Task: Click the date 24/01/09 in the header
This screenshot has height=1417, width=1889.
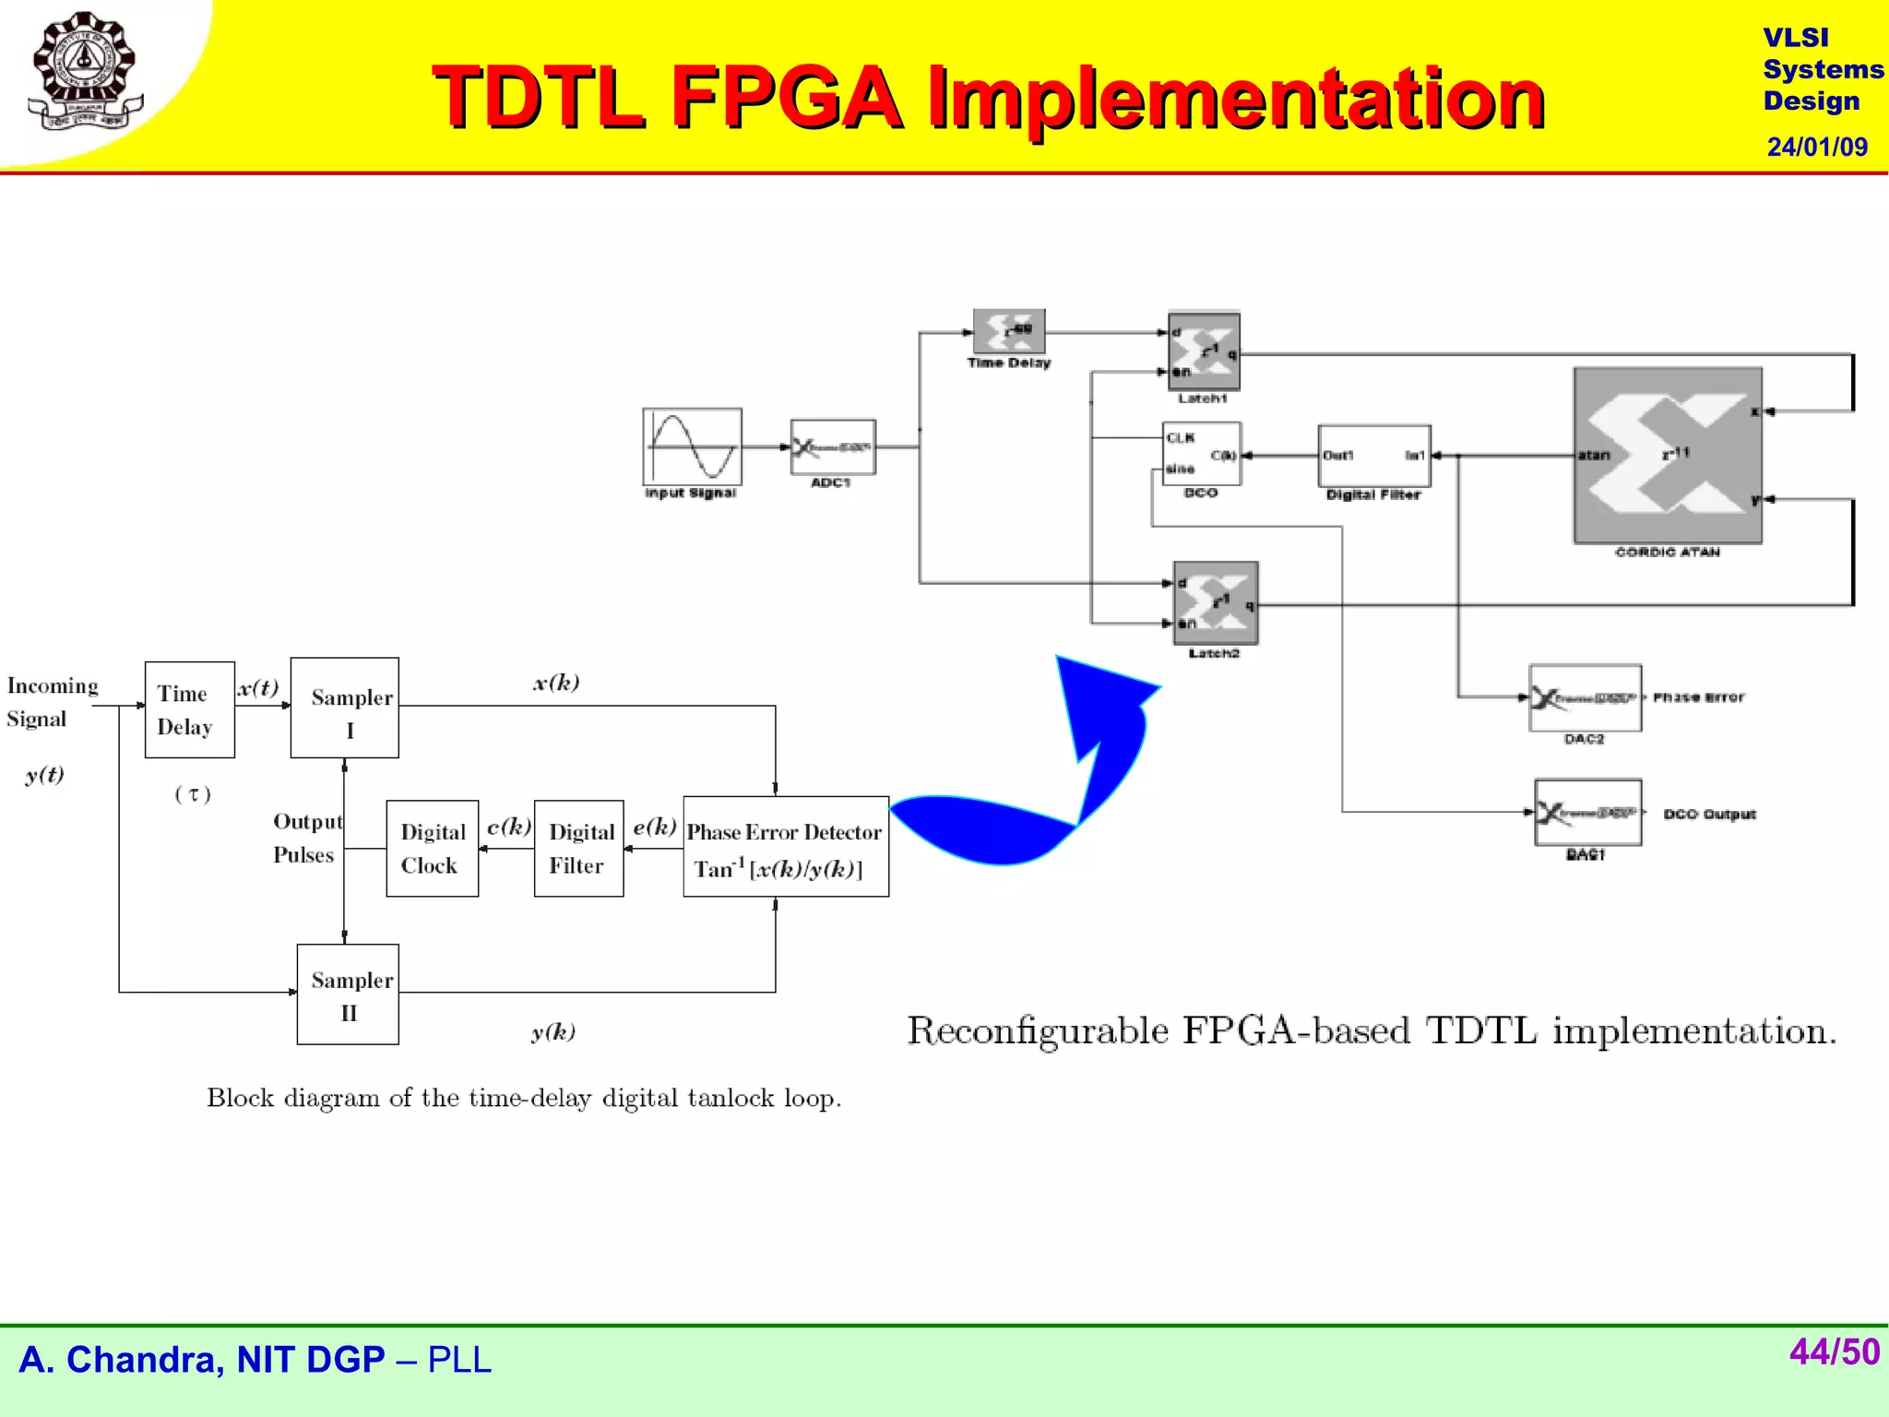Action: tap(1816, 147)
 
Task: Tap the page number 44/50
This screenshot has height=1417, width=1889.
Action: tap(1834, 1352)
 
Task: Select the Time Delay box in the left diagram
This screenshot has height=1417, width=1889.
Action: tap(189, 709)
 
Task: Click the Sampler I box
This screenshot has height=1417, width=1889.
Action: tap(345, 708)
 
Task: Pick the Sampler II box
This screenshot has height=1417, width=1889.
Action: tap(348, 994)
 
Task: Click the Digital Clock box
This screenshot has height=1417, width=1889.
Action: tap(432, 848)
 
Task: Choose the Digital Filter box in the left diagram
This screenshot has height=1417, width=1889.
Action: tap(578, 848)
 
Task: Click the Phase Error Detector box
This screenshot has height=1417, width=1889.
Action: tap(786, 846)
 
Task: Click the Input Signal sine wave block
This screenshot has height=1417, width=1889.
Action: tap(692, 447)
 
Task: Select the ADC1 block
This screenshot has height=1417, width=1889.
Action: tap(833, 447)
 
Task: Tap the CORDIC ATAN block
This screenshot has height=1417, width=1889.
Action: tap(1668, 456)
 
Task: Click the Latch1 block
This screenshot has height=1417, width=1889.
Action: tap(1204, 351)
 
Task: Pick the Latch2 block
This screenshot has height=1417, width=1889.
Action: tap(1215, 602)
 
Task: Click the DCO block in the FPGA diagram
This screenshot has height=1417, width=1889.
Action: tap(1202, 454)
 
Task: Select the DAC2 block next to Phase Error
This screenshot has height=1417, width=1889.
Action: tap(1585, 698)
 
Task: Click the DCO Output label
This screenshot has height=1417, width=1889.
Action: tap(1709, 815)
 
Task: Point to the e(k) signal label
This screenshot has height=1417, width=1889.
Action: tap(654, 827)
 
